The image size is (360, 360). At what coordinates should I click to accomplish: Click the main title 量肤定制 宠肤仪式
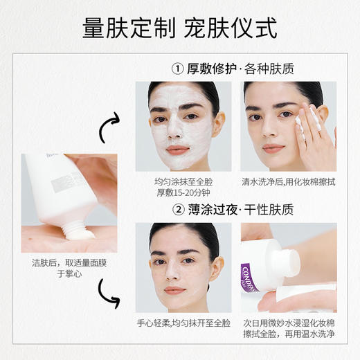[179, 28]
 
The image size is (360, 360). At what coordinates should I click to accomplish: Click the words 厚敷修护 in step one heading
[213, 69]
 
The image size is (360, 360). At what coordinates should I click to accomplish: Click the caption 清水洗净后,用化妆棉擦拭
[289, 183]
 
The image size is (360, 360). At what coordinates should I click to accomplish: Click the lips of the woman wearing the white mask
[178, 150]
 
